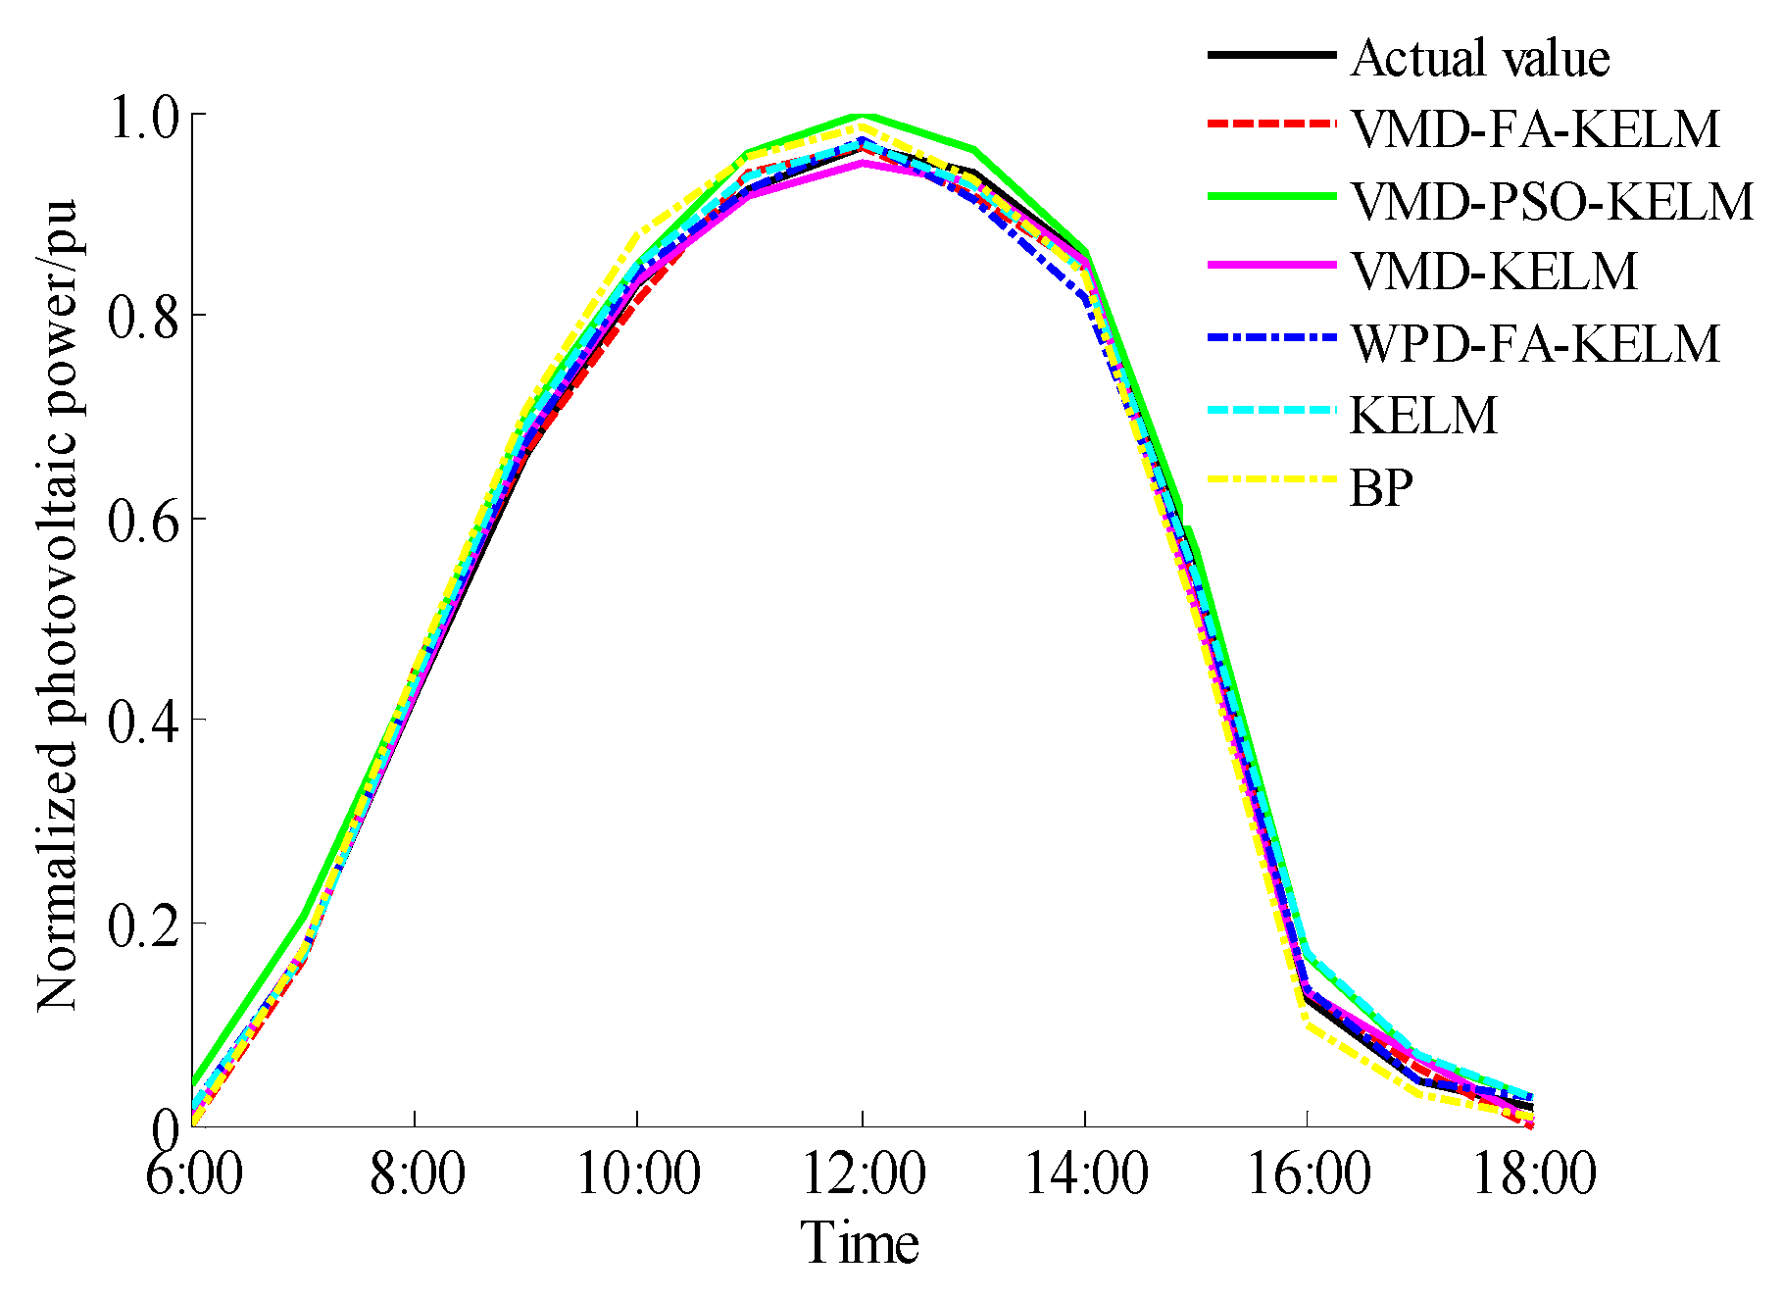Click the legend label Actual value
pyautogui.click(x=1479, y=58)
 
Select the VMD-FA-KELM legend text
pyautogui.click(x=1535, y=129)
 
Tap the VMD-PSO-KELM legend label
pyautogui.click(x=1552, y=201)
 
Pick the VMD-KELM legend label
pyautogui.click(x=1494, y=272)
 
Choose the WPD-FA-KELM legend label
pyautogui.click(x=1535, y=343)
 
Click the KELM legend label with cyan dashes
pyautogui.click(x=1424, y=416)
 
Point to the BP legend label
pyautogui.click(x=1381, y=487)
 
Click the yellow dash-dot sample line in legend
pyautogui.click(x=1271, y=479)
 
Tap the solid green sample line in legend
pyautogui.click(x=1271, y=196)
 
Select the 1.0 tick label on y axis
pyautogui.click(x=144, y=118)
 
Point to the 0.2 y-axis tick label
pyautogui.click(x=144, y=926)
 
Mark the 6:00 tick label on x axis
pyautogui.click(x=193, y=1173)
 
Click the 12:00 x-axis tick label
pyautogui.click(x=863, y=1173)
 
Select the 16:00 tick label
pyautogui.click(x=1308, y=1173)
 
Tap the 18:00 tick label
pyautogui.click(x=1534, y=1173)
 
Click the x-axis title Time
pyautogui.click(x=860, y=1243)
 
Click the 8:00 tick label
pyautogui.click(x=417, y=1173)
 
